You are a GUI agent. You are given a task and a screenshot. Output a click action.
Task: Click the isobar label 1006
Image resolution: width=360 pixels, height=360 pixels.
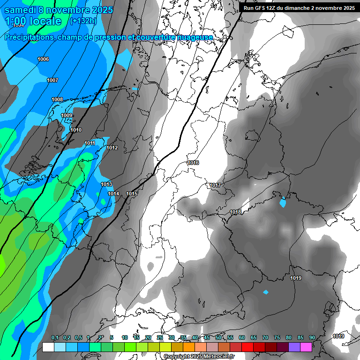(43, 59)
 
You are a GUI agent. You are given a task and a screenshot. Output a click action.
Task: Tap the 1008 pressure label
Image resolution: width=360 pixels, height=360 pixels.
(57, 99)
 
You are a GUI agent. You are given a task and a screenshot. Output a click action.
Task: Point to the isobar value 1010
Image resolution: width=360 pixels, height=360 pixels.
(76, 130)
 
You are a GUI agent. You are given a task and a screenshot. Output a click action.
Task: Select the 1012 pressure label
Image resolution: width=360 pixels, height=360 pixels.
(112, 148)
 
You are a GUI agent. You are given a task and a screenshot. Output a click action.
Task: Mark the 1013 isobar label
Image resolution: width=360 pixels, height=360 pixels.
(106, 184)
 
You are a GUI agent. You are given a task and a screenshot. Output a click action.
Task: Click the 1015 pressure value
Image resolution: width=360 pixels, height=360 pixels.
(132, 194)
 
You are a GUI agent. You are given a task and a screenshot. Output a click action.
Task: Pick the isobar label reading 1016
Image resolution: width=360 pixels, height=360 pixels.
(193, 163)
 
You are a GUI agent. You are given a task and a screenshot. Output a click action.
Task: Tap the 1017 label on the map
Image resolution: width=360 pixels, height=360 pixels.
(215, 186)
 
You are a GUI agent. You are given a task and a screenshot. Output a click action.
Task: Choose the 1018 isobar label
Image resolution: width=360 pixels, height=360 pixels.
(235, 212)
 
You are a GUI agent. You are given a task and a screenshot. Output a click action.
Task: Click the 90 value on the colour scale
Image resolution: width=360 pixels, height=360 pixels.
(312, 337)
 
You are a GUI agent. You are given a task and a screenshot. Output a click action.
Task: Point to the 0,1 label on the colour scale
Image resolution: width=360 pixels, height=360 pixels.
(55, 337)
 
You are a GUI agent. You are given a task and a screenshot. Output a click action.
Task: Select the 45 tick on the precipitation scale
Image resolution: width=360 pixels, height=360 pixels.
(207, 337)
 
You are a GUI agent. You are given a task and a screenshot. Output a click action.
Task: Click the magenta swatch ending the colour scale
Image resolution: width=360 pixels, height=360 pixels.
(306, 347)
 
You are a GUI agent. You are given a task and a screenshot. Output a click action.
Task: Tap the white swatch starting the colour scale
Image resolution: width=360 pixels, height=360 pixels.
(48, 347)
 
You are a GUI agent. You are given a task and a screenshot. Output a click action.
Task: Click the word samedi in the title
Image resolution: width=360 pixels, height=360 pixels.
(22, 9)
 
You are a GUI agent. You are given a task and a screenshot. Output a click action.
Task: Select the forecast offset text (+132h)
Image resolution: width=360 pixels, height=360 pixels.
(83, 21)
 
